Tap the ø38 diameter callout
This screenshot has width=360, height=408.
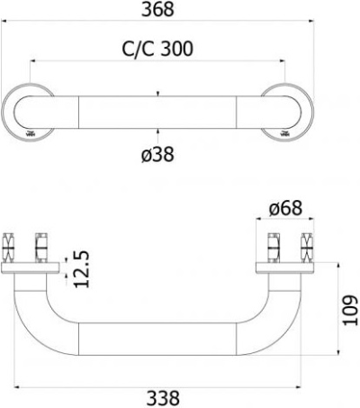coord(157,154)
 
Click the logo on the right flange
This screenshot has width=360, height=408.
coord(285,134)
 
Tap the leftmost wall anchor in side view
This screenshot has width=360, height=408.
coord(11,246)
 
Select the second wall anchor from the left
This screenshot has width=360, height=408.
coord(40,246)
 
